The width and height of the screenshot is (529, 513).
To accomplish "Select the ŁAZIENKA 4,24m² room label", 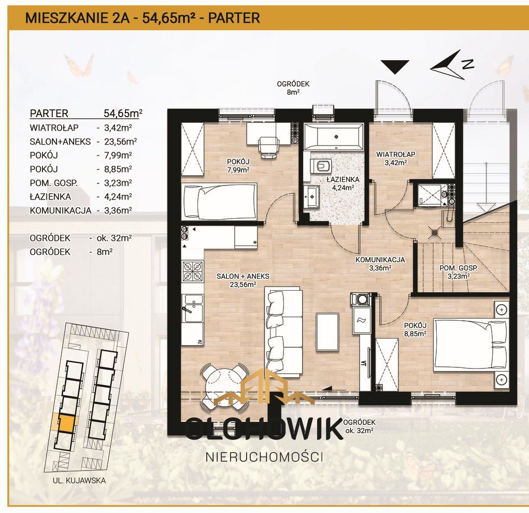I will [339, 184].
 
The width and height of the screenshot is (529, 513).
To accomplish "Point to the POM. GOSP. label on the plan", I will [458, 272].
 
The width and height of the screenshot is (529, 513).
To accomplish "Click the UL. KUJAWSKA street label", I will [79, 480].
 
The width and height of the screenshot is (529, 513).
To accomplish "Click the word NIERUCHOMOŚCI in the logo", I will [264, 457].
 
